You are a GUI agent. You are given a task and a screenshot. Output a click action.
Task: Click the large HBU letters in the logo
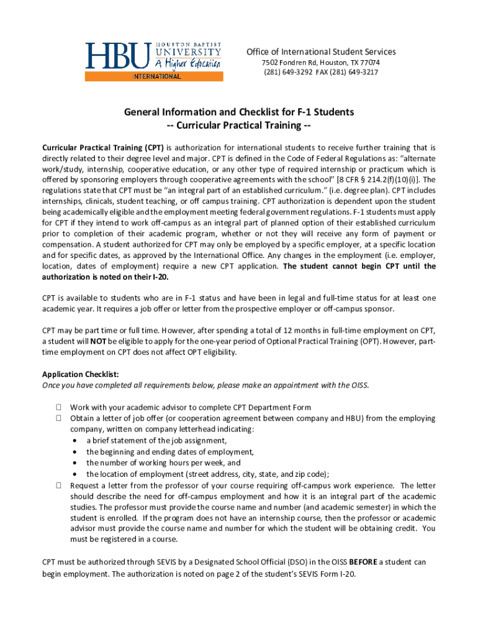[x=117, y=56]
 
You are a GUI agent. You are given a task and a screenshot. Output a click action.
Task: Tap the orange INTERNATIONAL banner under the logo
[x=155, y=77]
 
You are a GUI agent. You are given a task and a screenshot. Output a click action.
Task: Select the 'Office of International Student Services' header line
[x=321, y=52]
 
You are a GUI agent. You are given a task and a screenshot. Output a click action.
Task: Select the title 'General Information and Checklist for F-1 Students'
[x=239, y=112]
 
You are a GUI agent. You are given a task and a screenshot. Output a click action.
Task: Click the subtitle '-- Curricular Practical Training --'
[x=239, y=126]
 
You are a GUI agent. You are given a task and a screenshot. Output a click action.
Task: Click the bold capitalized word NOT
[x=98, y=342]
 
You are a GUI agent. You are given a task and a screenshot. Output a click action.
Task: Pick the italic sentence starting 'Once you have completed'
[x=205, y=385]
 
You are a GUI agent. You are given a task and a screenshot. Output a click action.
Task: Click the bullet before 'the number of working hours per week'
[x=74, y=463]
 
